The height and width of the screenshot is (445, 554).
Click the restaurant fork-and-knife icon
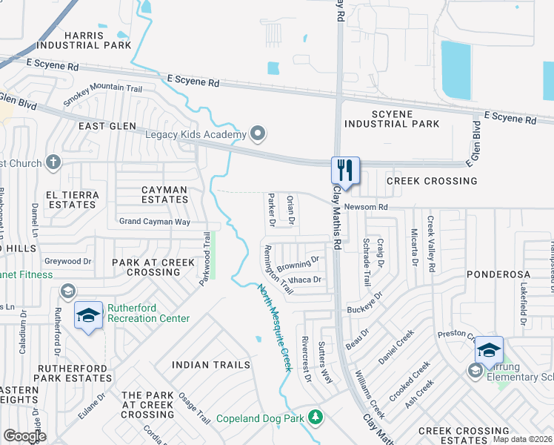[345, 170]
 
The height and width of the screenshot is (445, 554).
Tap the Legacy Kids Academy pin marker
[258, 134]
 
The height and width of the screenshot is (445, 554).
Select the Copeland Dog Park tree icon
[316, 418]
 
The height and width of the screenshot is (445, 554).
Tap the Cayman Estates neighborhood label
[164, 194]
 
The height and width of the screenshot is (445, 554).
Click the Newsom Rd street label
[366, 207]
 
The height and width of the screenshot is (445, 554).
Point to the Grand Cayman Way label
[155, 222]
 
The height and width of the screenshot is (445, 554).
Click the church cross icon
[53, 162]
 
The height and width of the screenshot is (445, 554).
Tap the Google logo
[25, 436]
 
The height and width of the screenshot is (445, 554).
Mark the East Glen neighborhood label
[108, 126]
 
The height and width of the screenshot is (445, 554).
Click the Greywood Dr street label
[67, 261]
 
